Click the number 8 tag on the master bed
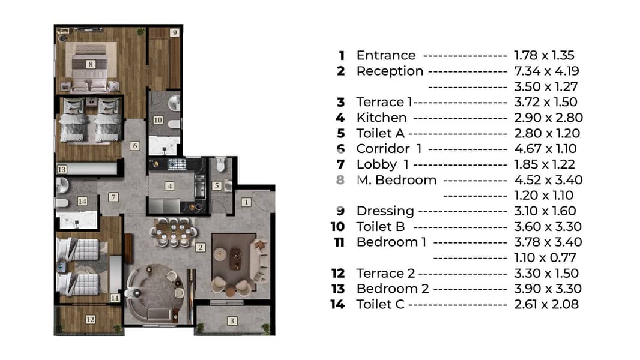[91, 64]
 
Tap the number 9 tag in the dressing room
[174, 32]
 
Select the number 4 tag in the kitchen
[170, 187]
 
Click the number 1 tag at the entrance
[246, 202]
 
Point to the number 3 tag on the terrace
[232, 321]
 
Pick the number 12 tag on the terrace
[91, 320]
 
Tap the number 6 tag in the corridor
[134, 146]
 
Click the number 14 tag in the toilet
[82, 201]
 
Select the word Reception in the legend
[390, 71]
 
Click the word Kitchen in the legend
[382, 118]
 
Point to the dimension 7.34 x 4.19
[546, 71]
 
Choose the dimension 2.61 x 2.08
[546, 304]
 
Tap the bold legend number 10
[337, 226]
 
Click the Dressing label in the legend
[385, 211]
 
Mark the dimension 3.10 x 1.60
[545, 211]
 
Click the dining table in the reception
[174, 232]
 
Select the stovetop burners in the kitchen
[177, 164]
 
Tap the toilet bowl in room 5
[220, 165]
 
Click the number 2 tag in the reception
[200, 247]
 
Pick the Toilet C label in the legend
[381, 304]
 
